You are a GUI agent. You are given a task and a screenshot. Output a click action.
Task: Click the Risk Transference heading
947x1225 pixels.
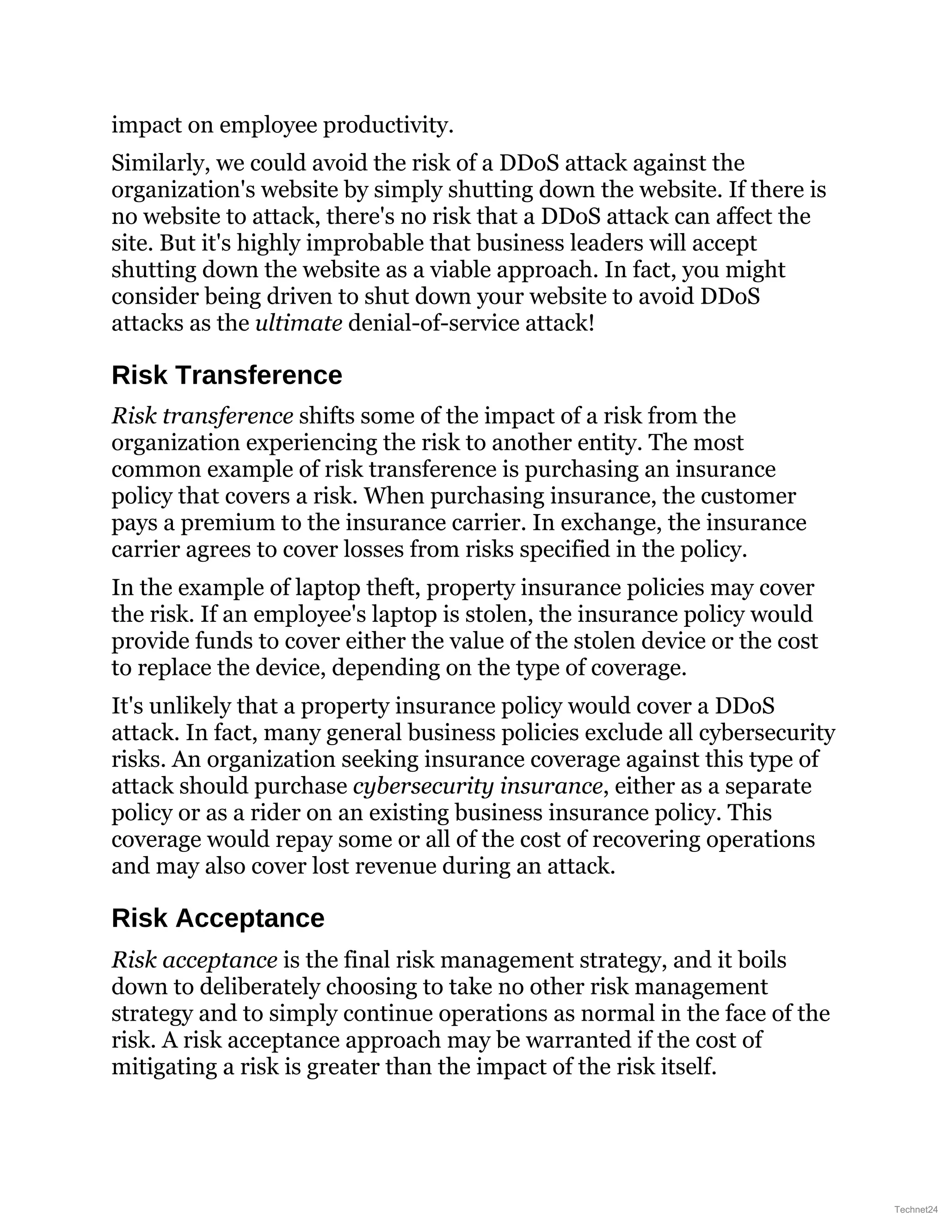click(x=227, y=375)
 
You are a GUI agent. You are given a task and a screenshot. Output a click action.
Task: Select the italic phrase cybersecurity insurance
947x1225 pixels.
click(x=477, y=786)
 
